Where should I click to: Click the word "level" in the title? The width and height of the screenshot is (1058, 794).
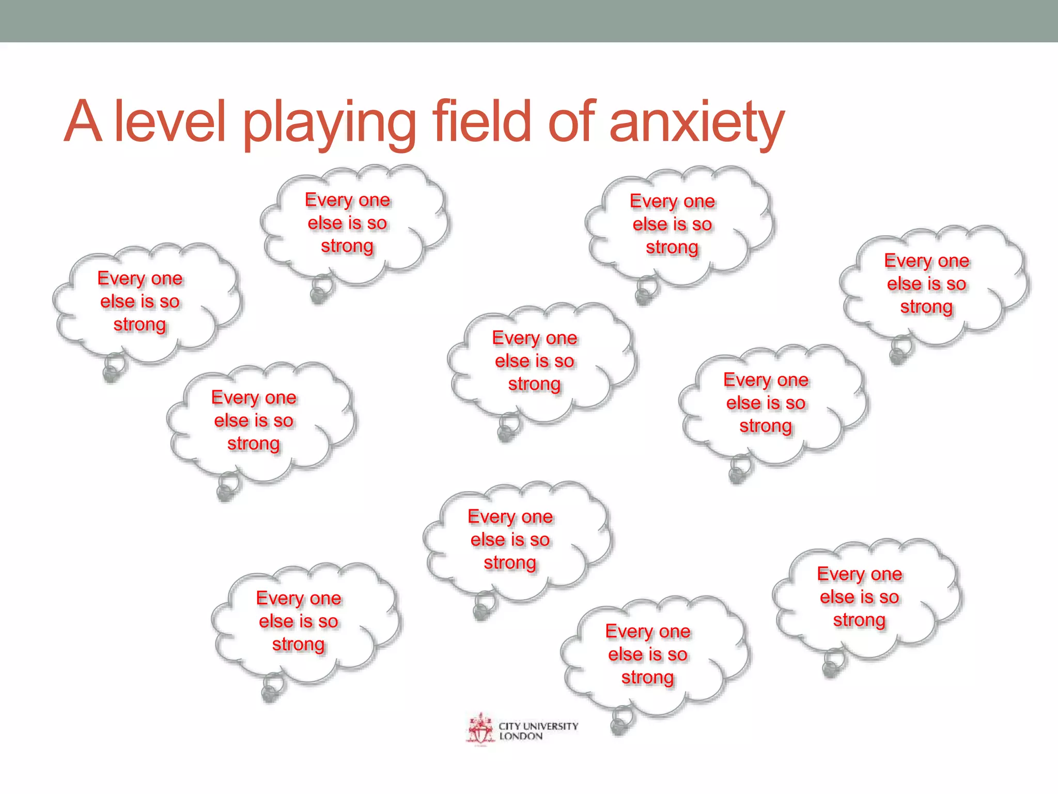click(170, 121)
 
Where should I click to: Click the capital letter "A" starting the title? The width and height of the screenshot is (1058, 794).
click(83, 121)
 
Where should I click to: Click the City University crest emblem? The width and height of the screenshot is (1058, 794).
click(480, 729)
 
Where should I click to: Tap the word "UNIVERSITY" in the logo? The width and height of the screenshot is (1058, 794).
click(551, 726)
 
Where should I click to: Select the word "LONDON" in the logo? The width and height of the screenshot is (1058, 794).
click(521, 736)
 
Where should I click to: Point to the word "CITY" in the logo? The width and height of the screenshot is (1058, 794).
click(509, 726)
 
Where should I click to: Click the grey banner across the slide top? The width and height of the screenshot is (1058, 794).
click(529, 21)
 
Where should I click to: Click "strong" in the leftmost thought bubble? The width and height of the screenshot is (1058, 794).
click(139, 325)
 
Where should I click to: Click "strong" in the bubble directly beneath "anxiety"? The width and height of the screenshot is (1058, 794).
click(672, 248)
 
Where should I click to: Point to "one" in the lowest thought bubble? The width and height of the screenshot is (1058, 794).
click(675, 631)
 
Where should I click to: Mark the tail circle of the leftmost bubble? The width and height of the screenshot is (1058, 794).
click(113, 368)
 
